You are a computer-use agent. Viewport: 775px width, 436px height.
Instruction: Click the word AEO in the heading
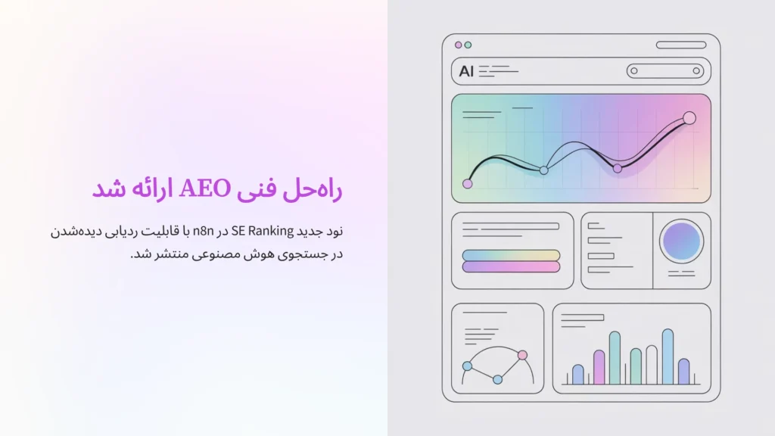tap(205, 188)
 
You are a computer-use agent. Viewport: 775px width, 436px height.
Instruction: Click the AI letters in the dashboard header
tap(466, 71)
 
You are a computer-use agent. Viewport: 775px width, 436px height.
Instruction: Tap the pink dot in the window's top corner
tap(458, 45)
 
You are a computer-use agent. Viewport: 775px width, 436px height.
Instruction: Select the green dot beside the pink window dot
tap(468, 45)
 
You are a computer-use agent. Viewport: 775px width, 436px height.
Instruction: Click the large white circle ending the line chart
tap(689, 118)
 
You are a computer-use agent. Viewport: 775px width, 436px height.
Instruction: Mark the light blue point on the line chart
tap(543, 170)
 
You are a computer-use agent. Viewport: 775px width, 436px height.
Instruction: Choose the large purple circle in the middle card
tap(681, 241)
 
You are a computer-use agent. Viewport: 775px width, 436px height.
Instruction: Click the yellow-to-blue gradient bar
tap(511, 255)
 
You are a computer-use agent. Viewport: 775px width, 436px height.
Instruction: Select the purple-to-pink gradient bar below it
tap(511, 266)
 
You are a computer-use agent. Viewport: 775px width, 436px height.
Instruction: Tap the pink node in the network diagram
tap(521, 355)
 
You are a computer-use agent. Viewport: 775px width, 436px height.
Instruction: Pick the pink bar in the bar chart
tap(599, 367)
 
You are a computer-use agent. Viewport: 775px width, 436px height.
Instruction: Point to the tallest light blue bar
tap(668, 357)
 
